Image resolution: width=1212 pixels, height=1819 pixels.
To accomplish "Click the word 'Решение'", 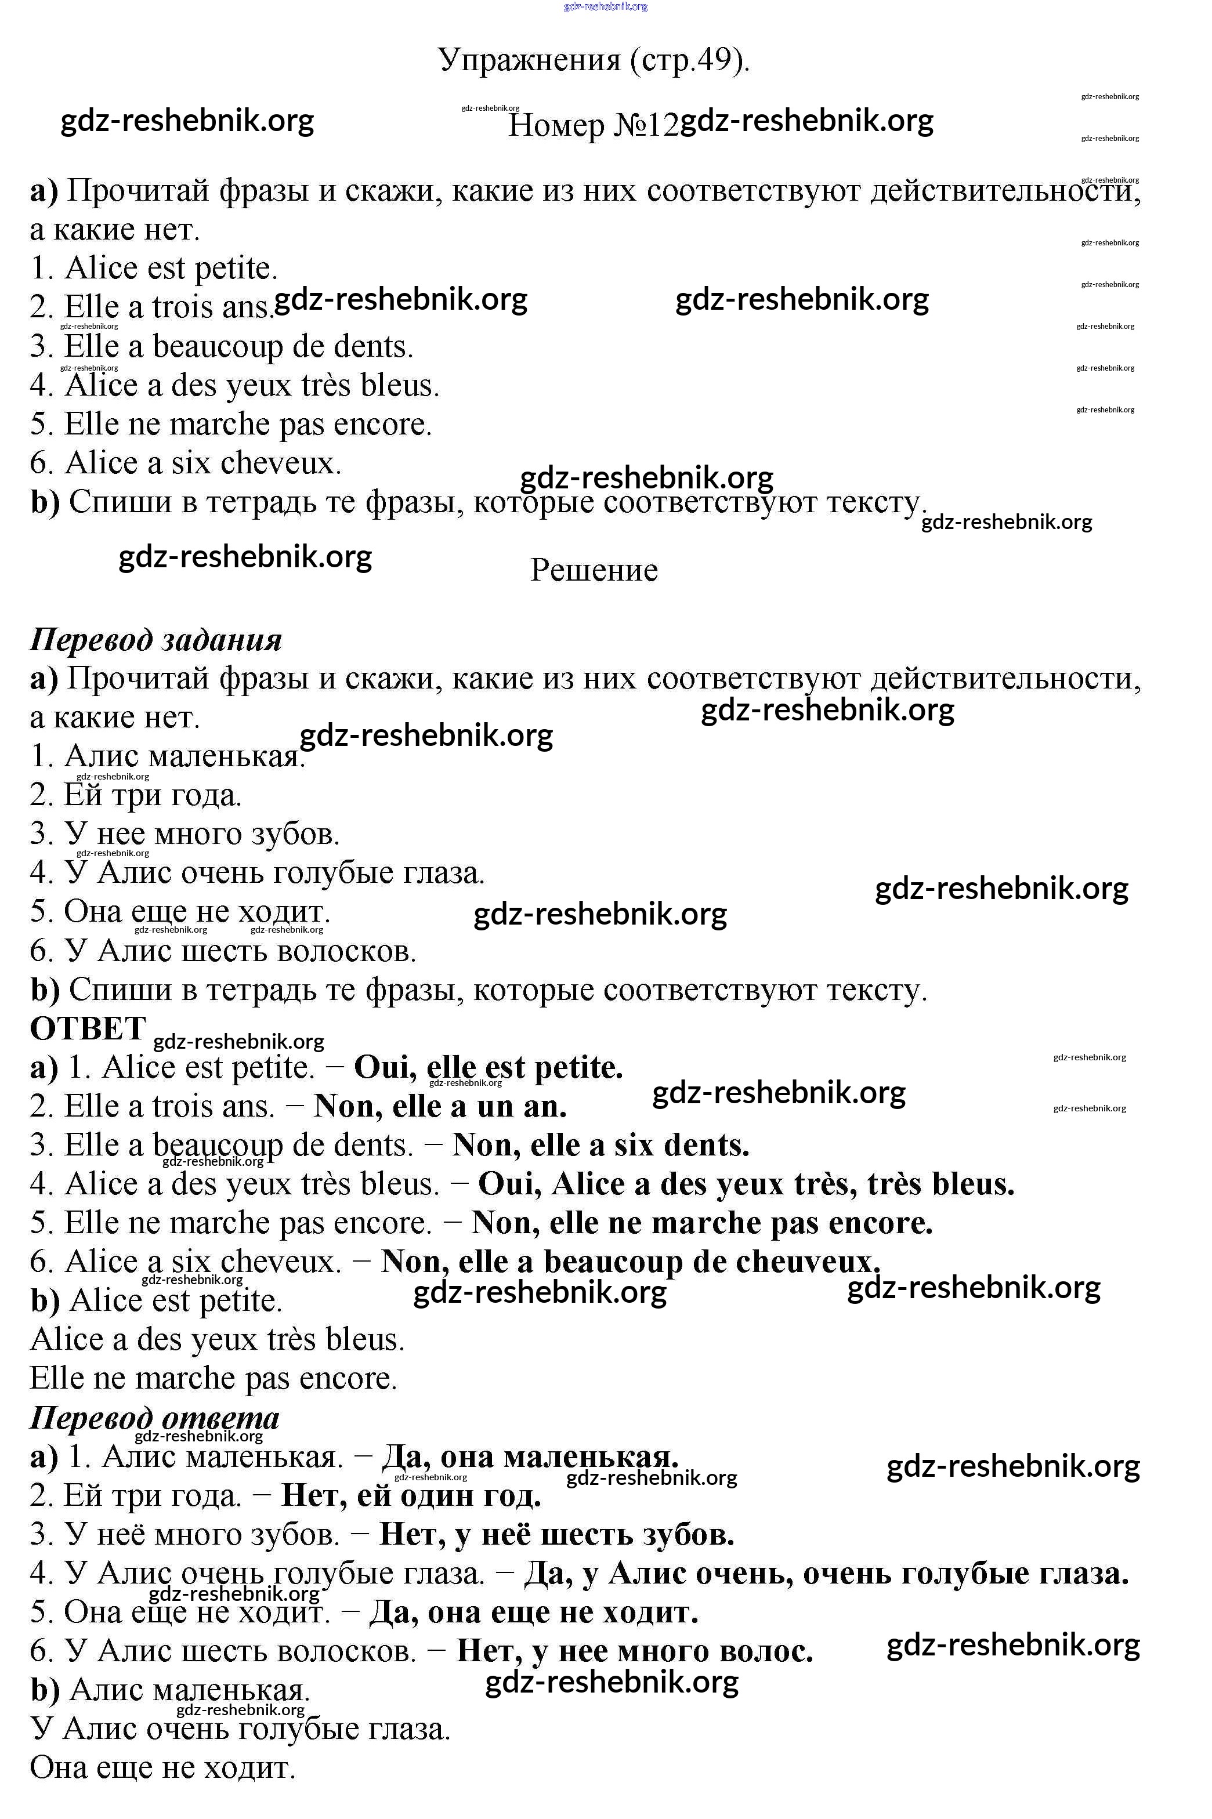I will [594, 570].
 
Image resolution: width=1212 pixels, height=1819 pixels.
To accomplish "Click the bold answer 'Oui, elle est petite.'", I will [488, 1068].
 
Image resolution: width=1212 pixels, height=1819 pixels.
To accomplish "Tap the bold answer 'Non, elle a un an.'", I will [440, 1107].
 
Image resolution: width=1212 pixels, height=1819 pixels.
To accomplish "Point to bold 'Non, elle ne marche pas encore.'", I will [702, 1223].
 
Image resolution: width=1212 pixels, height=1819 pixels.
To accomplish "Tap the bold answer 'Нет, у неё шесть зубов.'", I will [558, 1535].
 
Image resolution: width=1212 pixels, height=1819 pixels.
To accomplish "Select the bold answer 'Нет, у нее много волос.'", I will [635, 1651].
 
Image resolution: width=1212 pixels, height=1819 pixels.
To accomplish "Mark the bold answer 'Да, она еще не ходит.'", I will [533, 1613].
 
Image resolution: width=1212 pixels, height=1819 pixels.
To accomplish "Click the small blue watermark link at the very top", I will [606, 7].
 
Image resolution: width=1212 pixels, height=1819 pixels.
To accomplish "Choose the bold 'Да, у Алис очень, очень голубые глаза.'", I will [826, 1573].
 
